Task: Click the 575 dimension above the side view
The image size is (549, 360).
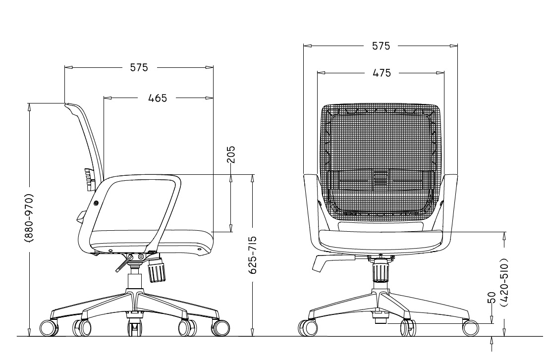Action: (x=139, y=67)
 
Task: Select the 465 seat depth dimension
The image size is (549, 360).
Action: (x=158, y=98)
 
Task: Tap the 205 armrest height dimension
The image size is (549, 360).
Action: (x=231, y=154)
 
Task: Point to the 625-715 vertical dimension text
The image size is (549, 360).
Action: (x=252, y=255)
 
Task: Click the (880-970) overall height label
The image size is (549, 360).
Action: (x=29, y=218)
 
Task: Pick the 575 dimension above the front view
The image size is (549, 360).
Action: (x=381, y=46)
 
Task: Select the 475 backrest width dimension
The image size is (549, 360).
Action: (x=382, y=73)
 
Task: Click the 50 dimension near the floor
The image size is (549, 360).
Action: (x=492, y=298)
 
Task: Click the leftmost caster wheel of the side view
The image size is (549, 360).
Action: (x=49, y=328)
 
